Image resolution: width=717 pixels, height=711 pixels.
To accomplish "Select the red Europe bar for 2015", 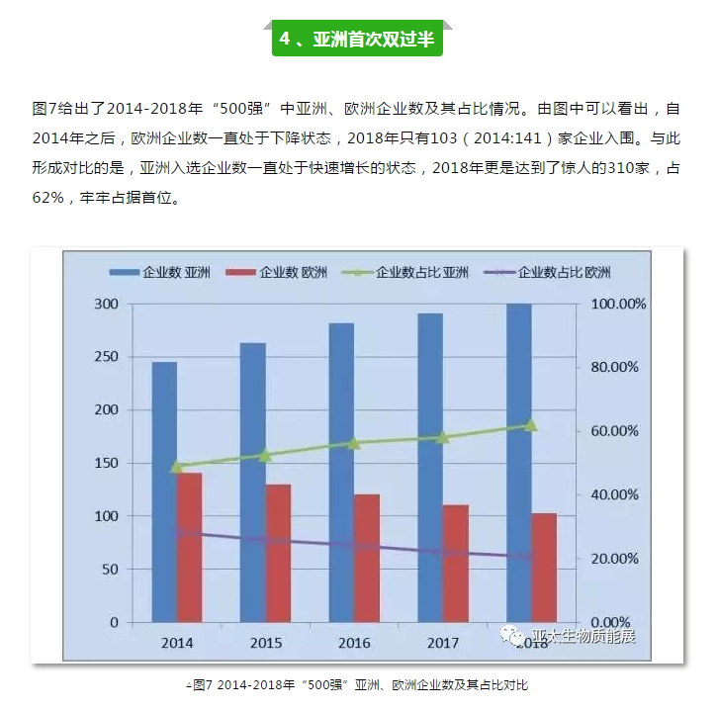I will (278, 553).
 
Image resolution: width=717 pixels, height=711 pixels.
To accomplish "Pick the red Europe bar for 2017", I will (455, 564).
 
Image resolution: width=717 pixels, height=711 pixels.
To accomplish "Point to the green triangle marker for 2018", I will (530, 424).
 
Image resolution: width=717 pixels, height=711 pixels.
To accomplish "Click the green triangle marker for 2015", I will (265, 455).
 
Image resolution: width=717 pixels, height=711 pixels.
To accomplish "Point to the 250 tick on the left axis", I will (105, 357).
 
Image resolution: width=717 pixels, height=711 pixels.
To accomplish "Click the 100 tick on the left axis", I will (105, 516).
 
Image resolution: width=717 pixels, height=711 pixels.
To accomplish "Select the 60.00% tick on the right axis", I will (614, 431).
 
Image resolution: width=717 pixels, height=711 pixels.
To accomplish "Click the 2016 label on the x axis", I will (354, 643).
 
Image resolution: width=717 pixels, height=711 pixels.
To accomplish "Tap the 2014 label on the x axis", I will (177, 643).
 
